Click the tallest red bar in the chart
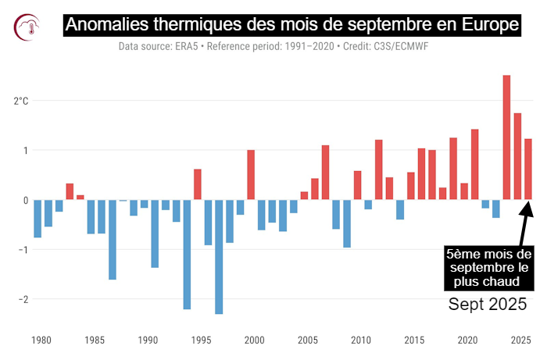click(506, 137)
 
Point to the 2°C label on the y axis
click(21, 101)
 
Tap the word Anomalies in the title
click(106, 24)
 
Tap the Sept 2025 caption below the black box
click(488, 305)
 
